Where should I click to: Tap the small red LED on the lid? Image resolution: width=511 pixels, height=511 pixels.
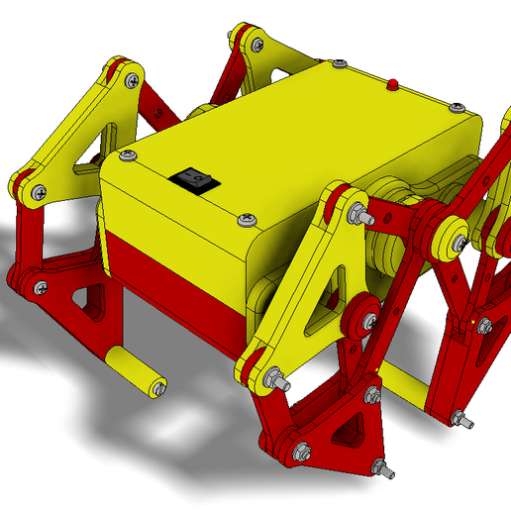(393, 84)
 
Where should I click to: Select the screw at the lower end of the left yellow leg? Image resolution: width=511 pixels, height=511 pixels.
(37, 192)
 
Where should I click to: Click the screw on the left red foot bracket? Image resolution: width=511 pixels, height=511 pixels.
(39, 288)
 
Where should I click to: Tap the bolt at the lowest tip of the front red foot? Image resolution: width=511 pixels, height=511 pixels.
(377, 465)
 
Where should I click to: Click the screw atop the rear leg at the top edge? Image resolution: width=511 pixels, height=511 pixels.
(256, 45)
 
